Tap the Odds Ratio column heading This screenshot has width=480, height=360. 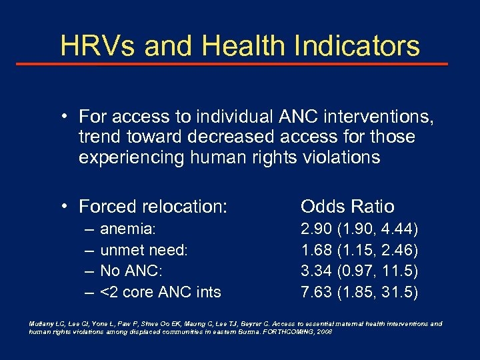[347, 206]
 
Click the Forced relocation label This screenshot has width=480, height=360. [153, 207]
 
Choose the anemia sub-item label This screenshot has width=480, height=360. [127, 230]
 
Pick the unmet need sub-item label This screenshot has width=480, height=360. [144, 250]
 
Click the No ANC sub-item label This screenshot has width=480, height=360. [131, 271]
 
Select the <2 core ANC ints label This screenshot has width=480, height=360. [160, 291]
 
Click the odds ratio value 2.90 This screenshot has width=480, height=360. [317, 230]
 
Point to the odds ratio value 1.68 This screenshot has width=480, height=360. [317, 250]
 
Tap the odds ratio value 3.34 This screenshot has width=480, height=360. [317, 271]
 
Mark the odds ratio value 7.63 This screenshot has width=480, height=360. [317, 291]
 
